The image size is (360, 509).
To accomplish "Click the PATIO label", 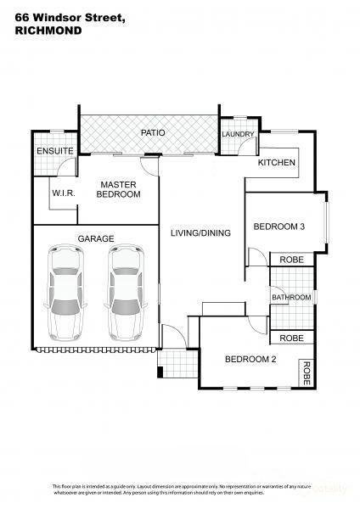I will click(x=153, y=133).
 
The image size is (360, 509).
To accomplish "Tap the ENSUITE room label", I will click(x=53, y=151).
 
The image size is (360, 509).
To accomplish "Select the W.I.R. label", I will click(x=65, y=193).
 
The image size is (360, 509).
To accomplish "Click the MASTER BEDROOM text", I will click(x=119, y=189).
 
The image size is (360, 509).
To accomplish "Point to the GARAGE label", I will click(x=95, y=238).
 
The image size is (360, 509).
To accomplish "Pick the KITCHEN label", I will click(x=277, y=162).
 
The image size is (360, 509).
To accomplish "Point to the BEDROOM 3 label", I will click(x=278, y=226).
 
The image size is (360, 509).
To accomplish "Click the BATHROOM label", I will click(x=291, y=297).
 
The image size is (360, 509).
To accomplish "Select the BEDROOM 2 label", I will click(x=250, y=359).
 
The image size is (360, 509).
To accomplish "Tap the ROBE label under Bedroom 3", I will click(x=290, y=260).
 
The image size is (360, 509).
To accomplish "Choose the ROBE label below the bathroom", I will click(x=290, y=338).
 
